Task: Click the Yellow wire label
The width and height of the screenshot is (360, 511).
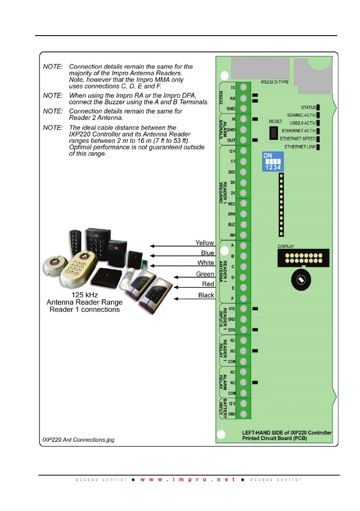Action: tap(205, 243)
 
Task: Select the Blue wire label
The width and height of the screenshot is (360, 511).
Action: tap(208, 253)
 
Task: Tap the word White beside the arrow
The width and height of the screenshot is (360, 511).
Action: tap(206, 263)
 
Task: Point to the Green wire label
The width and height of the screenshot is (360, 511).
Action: tap(205, 274)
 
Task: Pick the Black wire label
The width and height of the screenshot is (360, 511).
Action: tap(206, 295)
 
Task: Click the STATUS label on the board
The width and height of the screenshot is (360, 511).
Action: tap(309, 107)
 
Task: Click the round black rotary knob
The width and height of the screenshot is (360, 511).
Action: tap(301, 280)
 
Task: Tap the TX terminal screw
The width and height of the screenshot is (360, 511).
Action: tap(243, 87)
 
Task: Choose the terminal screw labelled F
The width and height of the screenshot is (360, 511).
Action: tap(243, 298)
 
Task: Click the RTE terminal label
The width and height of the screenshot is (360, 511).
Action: tap(232, 308)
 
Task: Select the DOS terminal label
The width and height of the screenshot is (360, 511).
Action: tap(232, 330)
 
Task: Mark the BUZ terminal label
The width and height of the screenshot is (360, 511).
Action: tap(232, 224)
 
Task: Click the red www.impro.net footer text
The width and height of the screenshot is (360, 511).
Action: tap(188, 479)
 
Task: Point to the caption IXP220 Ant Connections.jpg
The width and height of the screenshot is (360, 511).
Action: tap(78, 440)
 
